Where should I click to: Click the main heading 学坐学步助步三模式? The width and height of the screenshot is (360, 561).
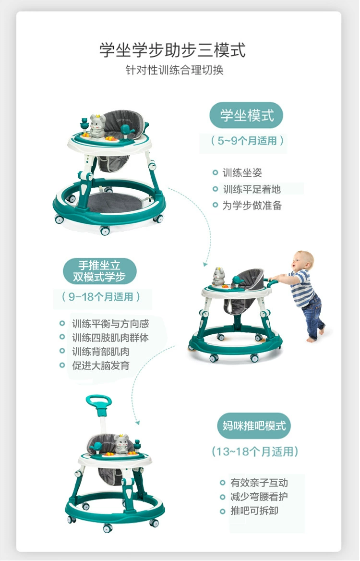173,50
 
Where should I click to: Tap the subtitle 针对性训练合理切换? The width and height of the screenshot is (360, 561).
174,70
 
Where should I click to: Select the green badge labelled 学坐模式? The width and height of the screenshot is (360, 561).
246,116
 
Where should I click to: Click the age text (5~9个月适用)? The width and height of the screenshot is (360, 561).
247,141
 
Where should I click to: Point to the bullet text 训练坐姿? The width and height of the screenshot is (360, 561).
242,173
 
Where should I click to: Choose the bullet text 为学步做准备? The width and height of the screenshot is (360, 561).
252,206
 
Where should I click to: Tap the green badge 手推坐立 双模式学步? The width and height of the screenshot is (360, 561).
100,271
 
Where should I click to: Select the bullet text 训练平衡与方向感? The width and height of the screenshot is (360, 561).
110,324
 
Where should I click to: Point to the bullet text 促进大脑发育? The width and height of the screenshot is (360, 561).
101,366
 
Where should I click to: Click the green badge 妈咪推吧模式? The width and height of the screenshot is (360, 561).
254,426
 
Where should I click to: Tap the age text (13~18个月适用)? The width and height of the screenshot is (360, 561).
255,451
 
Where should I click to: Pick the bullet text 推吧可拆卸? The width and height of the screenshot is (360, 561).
254,511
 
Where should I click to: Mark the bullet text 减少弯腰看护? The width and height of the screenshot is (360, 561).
259,497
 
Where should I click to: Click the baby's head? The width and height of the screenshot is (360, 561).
302,261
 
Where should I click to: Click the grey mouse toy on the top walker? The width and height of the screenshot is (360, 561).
97,126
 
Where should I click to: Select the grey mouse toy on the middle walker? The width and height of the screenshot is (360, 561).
218,276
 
